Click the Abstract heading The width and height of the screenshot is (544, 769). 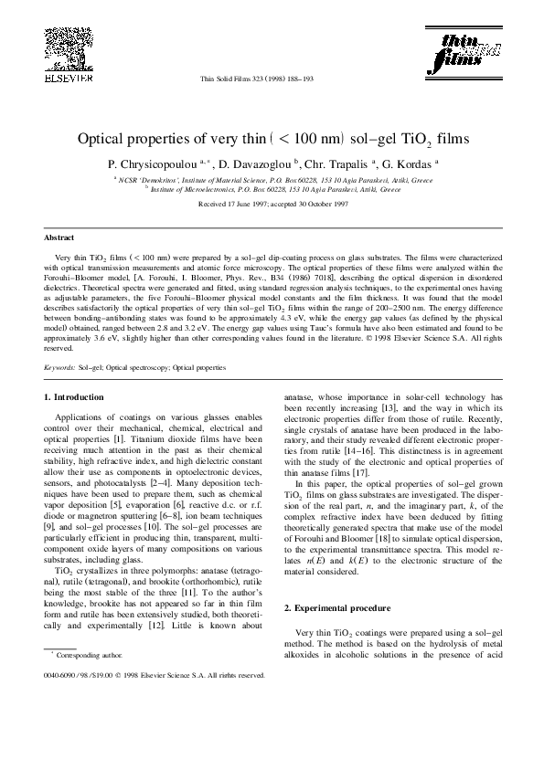coord(59,236)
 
